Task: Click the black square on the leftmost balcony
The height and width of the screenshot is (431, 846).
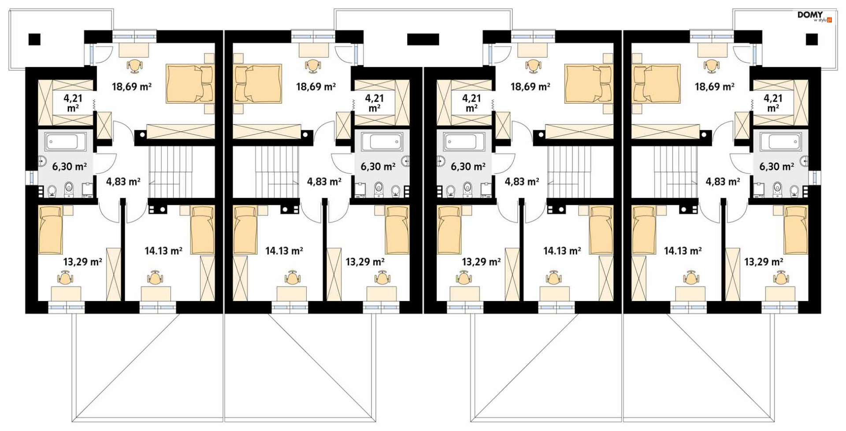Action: [x=34, y=39]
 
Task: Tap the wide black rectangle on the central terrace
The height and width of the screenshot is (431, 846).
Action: [x=423, y=39]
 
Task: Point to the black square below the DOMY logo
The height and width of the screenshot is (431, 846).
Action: [x=812, y=39]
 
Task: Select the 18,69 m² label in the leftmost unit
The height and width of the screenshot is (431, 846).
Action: [x=132, y=86]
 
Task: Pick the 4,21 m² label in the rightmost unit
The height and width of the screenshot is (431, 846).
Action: [x=773, y=103]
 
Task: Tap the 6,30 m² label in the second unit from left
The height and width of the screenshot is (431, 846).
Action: [x=378, y=167]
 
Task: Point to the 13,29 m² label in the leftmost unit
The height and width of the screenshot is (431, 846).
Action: [x=82, y=262]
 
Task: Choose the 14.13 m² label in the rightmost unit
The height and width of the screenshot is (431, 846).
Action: [x=683, y=251]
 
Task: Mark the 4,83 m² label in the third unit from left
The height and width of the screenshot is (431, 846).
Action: [x=522, y=182]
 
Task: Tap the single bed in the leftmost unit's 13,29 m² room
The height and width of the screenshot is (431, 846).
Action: [x=50, y=230]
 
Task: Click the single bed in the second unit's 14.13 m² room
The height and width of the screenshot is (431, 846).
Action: [x=245, y=230]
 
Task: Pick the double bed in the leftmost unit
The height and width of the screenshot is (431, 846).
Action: [x=190, y=84]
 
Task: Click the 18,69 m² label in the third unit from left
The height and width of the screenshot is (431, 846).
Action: [x=530, y=86]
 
